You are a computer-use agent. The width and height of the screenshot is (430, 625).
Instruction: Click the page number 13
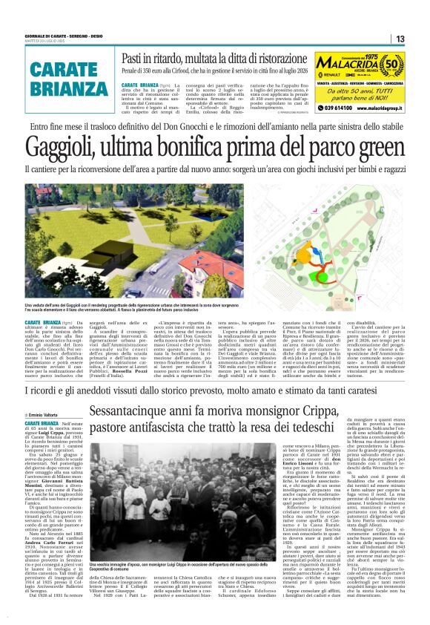coord(400,39)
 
